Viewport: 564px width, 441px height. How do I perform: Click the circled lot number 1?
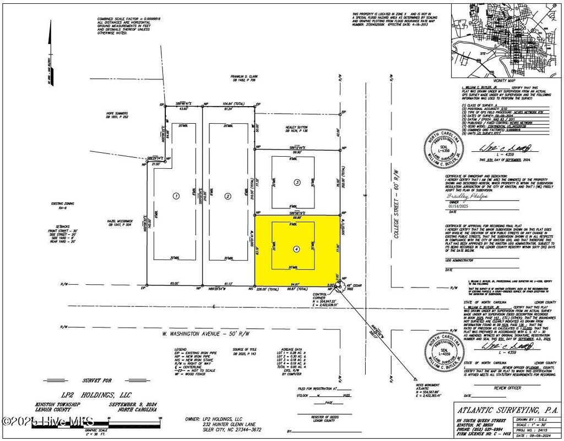pos(176,195)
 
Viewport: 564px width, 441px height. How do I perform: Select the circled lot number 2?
pos(227,195)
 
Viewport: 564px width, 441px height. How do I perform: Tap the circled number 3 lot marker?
pos(296,182)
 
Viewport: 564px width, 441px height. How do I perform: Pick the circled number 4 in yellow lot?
pos(297,249)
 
